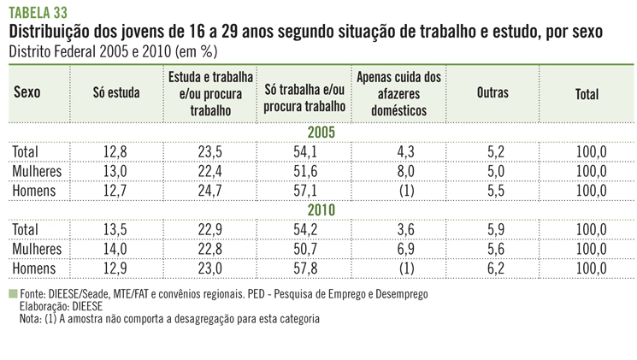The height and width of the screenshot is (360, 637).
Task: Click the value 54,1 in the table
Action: pyautogui.click(x=304, y=152)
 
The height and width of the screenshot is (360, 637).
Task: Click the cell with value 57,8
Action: pyautogui.click(x=304, y=269)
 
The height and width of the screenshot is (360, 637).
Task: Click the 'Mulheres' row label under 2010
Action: pyautogui.click(x=38, y=249)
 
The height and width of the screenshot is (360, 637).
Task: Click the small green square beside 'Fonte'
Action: pyautogui.click(x=12, y=293)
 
